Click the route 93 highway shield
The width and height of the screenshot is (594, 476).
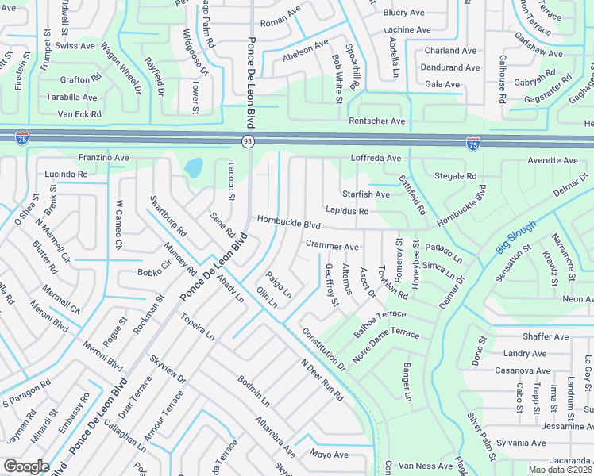click(x=248, y=141)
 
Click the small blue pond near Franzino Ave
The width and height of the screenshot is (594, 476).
click(x=193, y=168)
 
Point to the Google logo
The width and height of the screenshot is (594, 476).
click(x=26, y=466)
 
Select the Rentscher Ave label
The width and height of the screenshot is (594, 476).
click(x=377, y=121)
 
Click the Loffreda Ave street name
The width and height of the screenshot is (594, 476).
click(x=376, y=159)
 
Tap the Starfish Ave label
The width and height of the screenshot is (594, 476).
click(x=366, y=194)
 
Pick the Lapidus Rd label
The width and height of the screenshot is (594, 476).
click(x=347, y=211)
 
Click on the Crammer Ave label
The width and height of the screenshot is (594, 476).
click(x=332, y=247)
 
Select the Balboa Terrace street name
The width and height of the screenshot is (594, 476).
click(x=380, y=324)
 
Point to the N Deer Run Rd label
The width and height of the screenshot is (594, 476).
click(x=322, y=380)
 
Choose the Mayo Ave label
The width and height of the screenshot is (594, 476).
click(x=330, y=455)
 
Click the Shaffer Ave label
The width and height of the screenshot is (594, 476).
click(x=546, y=336)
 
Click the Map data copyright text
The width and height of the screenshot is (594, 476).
click(x=560, y=470)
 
